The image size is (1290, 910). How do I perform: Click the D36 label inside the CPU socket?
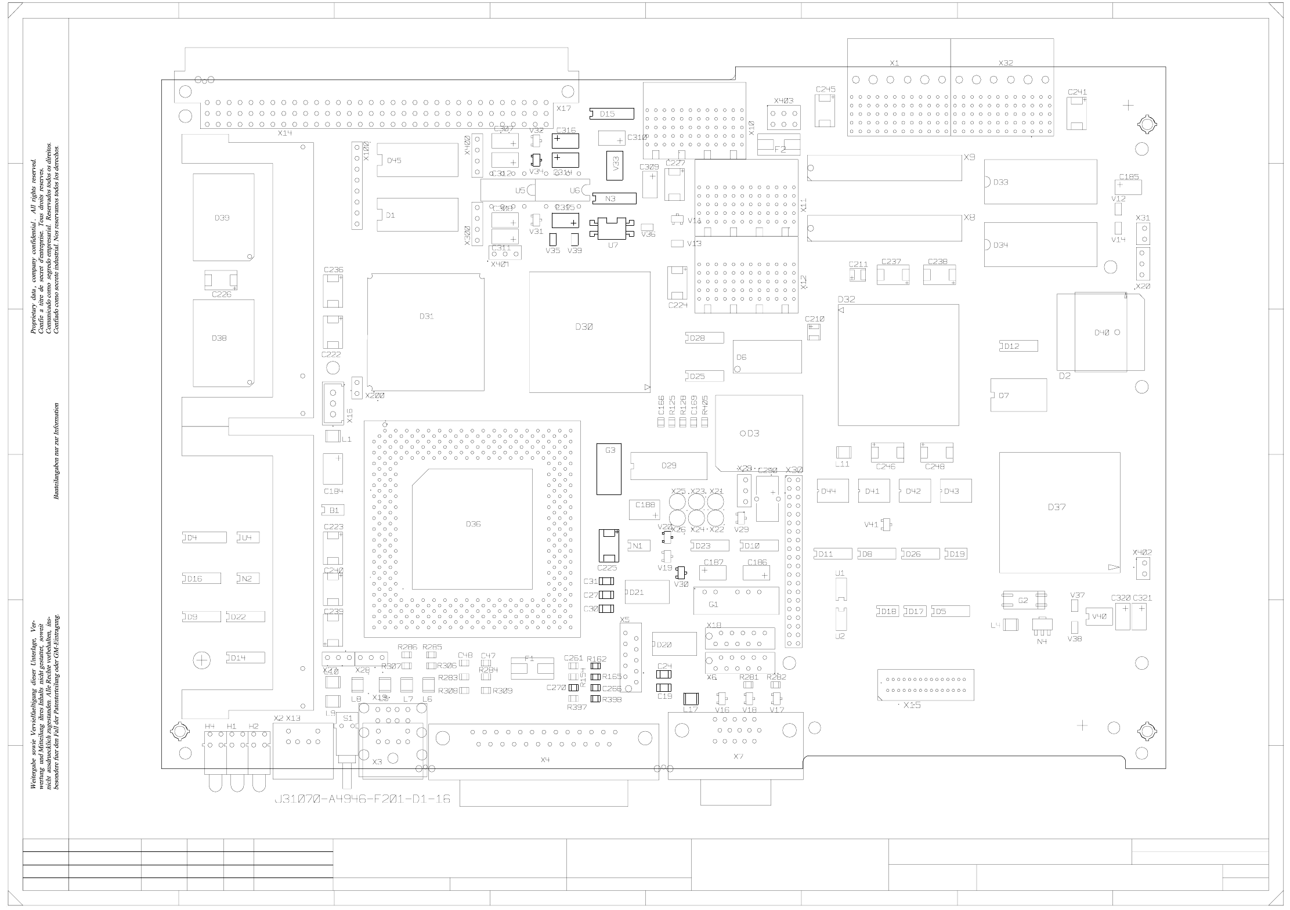(473, 524)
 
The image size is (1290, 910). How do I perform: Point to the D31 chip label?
(427, 316)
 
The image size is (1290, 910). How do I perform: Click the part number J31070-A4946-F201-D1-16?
(362, 799)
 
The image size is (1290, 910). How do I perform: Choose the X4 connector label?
(544, 760)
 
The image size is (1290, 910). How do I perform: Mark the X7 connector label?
(738, 756)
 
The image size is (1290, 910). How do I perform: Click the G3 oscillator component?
(609, 469)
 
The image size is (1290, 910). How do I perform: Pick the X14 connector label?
(284, 133)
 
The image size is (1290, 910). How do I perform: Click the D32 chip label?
(846, 299)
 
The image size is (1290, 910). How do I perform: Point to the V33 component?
(616, 163)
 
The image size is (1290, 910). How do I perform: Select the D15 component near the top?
(611, 114)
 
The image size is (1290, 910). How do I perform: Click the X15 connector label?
(912, 705)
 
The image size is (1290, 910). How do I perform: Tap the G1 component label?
(713, 604)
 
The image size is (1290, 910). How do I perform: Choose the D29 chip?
(669, 465)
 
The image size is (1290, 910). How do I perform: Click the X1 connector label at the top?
(894, 63)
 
